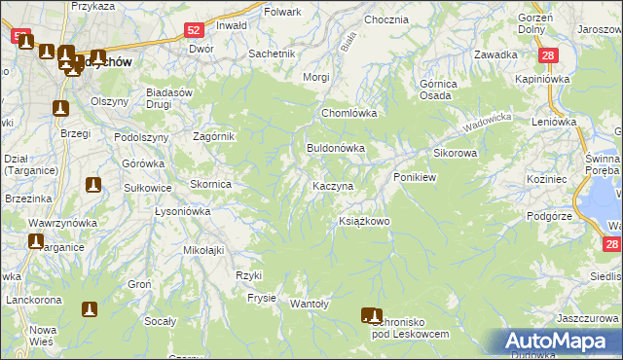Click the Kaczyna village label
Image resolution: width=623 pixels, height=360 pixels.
[332, 185]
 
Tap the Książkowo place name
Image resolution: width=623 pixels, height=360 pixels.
[363, 222]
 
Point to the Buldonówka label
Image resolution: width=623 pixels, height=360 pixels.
[336, 149]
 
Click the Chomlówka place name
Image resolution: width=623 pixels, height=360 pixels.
[349, 114]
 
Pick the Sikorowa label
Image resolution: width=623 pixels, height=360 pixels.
[455, 154]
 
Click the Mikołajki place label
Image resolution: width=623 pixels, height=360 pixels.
[203, 250]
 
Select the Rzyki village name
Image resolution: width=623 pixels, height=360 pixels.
[249, 275]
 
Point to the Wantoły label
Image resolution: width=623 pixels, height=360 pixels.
[311, 304]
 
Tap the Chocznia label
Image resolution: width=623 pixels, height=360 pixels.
[385, 19]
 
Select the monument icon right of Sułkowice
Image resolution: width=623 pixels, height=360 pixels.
[93, 184]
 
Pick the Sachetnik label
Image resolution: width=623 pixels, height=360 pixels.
[272, 54]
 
